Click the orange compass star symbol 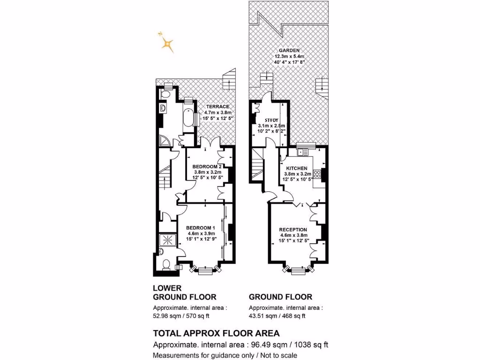click(166, 44)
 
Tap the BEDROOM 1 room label click(201, 227)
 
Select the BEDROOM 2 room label click(207, 166)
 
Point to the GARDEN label click(289, 51)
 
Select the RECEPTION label click(293, 229)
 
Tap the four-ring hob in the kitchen click(317, 174)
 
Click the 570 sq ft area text click(201, 316)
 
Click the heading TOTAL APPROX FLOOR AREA click(216, 333)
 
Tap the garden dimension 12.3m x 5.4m click(289, 57)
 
